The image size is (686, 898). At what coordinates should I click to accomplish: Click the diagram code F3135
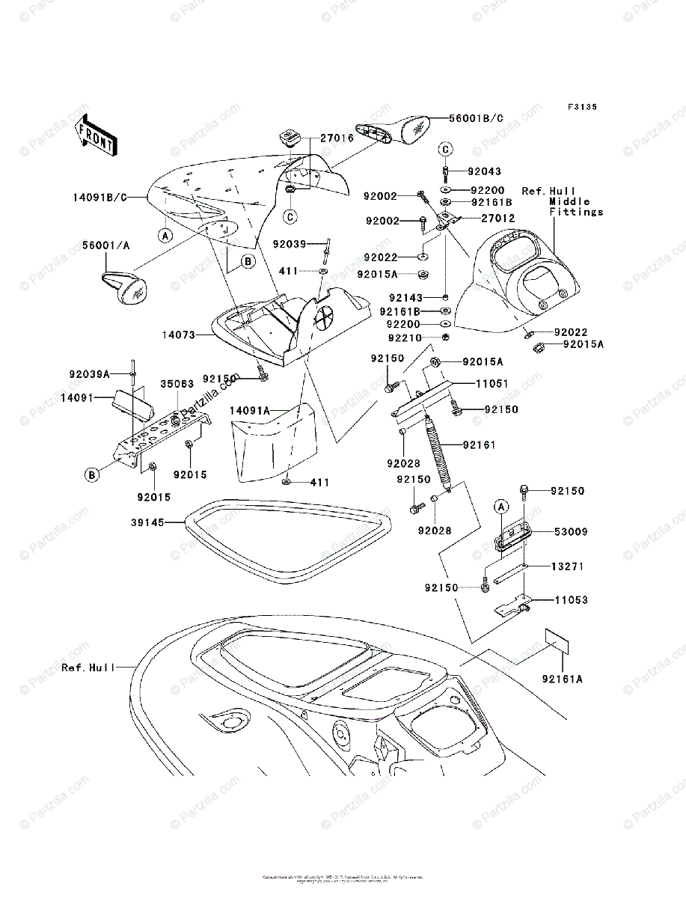pos(581,108)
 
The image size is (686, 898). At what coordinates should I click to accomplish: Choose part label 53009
pos(571,532)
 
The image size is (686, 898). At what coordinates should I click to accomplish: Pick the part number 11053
pos(571,600)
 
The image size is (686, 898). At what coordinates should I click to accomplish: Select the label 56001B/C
pos(476,118)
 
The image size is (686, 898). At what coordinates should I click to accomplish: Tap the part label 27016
pos(337,138)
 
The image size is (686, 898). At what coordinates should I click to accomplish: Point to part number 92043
pos(485,171)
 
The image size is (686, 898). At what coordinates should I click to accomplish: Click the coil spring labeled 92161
pos(437,453)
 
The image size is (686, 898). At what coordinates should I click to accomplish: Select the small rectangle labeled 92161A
pos(557,641)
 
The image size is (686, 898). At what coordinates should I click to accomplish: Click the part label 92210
pos(404,338)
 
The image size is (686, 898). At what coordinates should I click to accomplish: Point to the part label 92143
pos(405,296)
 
